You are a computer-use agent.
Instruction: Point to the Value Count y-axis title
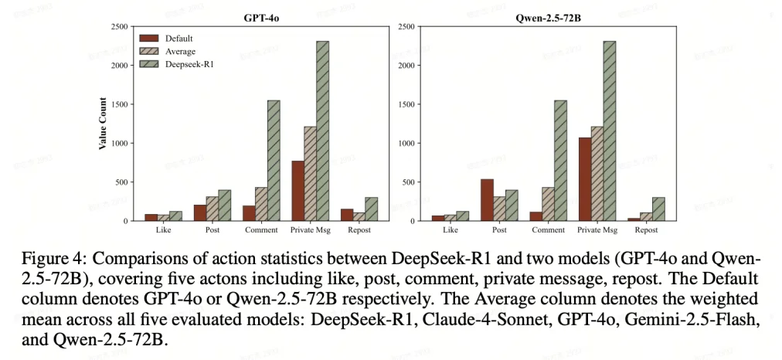point(102,124)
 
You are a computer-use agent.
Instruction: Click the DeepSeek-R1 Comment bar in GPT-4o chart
point(273,161)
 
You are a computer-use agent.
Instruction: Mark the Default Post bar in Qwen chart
point(487,200)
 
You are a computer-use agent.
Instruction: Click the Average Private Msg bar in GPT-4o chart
point(310,174)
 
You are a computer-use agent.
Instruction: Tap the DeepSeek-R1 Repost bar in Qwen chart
point(658,209)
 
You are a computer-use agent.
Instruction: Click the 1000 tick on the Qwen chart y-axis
point(407,144)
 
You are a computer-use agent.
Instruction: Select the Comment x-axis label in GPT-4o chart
point(261,230)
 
